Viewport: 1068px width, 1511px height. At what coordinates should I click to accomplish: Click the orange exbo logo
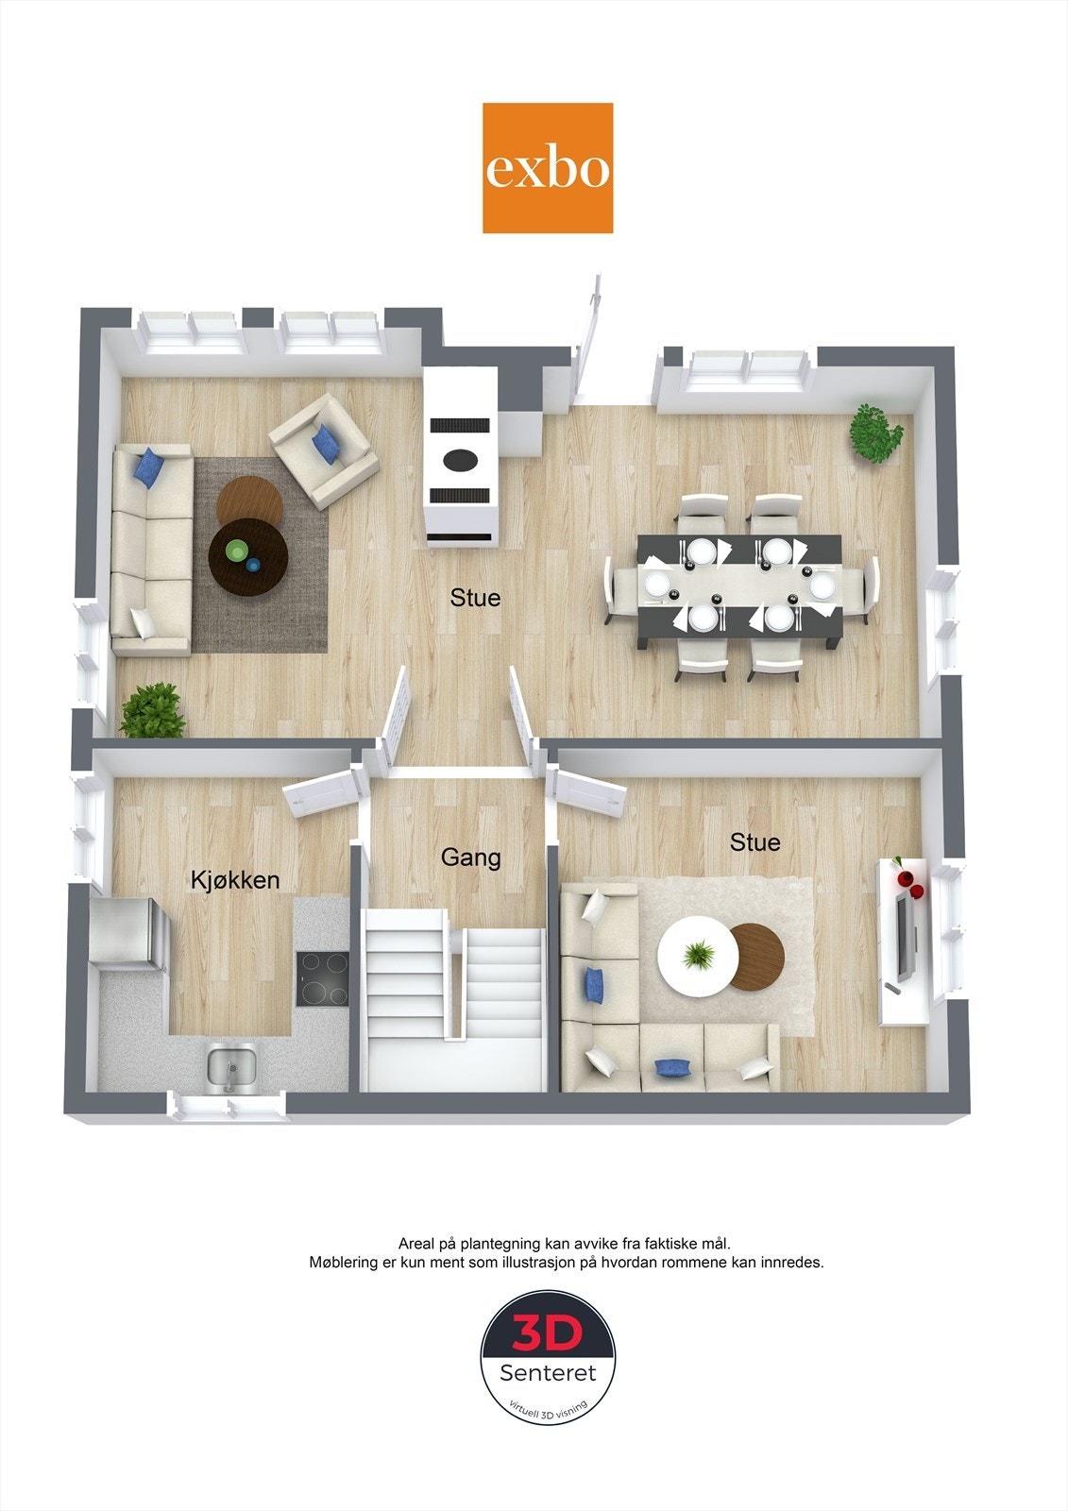coord(548,168)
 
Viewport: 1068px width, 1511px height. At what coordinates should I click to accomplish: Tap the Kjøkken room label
coord(235,880)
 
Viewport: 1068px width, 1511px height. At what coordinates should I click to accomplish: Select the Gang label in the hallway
coord(470,857)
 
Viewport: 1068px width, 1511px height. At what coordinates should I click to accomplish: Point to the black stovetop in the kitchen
coord(322,978)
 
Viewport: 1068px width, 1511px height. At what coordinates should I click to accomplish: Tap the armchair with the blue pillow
coord(323,450)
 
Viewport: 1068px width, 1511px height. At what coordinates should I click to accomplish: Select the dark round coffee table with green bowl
coord(248,557)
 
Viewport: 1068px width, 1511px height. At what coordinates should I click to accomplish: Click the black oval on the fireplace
coord(463,459)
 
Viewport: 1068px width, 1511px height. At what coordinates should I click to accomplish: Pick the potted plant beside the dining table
coord(876,433)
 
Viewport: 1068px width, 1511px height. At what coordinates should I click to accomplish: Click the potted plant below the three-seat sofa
coord(153,711)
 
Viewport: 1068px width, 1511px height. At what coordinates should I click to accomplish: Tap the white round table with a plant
coord(698,957)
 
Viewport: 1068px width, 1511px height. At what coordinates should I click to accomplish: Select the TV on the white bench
coord(905,939)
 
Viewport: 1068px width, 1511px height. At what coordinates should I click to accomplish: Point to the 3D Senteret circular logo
coord(548,1357)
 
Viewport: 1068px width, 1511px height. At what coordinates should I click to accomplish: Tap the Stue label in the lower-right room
coord(754,841)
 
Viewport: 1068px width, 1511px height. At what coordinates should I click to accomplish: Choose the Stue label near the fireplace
coord(475,598)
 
